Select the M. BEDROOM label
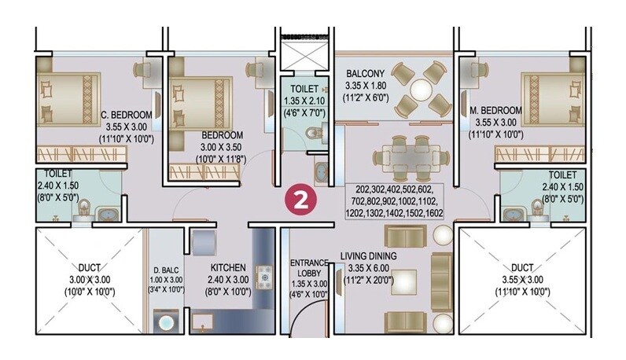click(495, 110)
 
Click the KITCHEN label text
click(214, 267)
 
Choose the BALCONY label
click(365, 75)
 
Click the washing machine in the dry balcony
click(167, 321)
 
